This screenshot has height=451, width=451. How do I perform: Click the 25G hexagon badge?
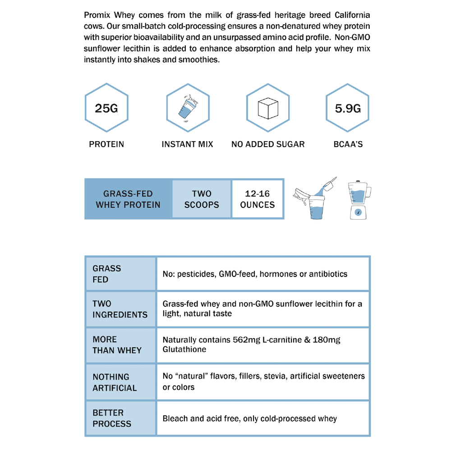click(106, 109)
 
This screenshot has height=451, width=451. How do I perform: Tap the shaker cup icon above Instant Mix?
click(187, 109)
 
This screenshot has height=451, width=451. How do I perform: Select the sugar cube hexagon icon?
click(267, 109)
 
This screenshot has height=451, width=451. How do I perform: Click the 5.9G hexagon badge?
click(347, 109)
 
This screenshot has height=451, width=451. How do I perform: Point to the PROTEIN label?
click(106, 144)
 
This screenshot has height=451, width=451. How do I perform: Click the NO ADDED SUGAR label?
click(268, 144)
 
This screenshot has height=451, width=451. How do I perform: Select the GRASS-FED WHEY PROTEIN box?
click(128, 199)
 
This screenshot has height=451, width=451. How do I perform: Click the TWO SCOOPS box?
click(202, 199)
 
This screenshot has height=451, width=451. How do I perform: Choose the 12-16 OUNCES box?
click(258, 199)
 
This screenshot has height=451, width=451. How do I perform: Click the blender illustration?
click(359, 200)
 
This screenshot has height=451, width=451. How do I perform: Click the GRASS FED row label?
click(107, 274)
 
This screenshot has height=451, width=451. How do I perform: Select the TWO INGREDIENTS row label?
click(120, 309)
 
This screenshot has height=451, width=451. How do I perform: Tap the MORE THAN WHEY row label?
click(117, 345)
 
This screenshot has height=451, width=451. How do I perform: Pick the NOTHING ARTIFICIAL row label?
click(115, 382)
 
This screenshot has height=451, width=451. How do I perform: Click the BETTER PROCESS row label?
click(112, 418)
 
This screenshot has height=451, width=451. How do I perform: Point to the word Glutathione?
click(184, 350)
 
